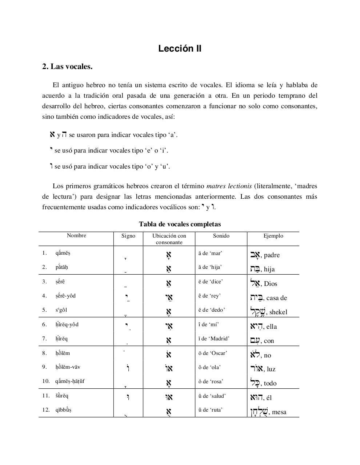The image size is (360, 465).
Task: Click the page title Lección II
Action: [180, 49]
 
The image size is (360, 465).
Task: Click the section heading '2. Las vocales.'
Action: [67, 67]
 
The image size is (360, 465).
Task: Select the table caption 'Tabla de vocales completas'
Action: [180, 224]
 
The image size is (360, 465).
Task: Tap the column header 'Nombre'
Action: [76, 235]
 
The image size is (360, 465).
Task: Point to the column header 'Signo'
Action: [128, 236]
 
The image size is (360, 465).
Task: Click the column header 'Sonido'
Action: [221, 236]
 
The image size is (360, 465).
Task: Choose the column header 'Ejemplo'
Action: [273, 236]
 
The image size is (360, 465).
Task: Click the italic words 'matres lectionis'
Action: [229, 186]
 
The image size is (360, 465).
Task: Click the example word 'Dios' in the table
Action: [271, 284]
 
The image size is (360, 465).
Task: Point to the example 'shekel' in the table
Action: [278, 312]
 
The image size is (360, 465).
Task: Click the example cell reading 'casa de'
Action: [276, 298]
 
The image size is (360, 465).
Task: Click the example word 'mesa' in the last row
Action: [279, 412]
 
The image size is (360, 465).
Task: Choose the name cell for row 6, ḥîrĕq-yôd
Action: [67, 324]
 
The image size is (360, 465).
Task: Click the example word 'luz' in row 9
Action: [271, 369]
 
